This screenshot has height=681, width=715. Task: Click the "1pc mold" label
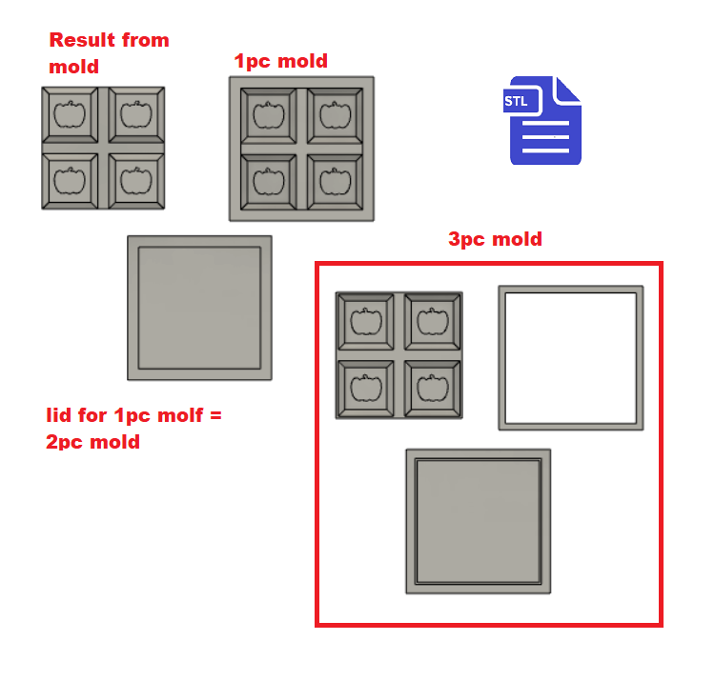click(x=281, y=61)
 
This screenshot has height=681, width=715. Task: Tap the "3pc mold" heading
click(x=495, y=239)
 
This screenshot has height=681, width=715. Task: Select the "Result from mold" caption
click(x=108, y=52)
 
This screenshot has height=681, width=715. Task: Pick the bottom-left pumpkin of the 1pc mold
click(x=268, y=181)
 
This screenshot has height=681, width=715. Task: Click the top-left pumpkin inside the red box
click(x=366, y=321)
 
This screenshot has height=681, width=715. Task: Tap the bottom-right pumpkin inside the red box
click(x=432, y=388)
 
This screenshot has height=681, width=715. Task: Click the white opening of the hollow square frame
click(x=570, y=358)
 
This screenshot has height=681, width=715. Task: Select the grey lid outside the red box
click(x=199, y=307)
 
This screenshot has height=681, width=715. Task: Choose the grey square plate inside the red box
click(x=478, y=520)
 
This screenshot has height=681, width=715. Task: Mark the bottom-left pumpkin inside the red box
click(x=366, y=388)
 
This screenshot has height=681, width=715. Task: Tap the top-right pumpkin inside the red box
click(x=432, y=321)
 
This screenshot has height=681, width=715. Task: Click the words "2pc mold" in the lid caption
click(x=92, y=442)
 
